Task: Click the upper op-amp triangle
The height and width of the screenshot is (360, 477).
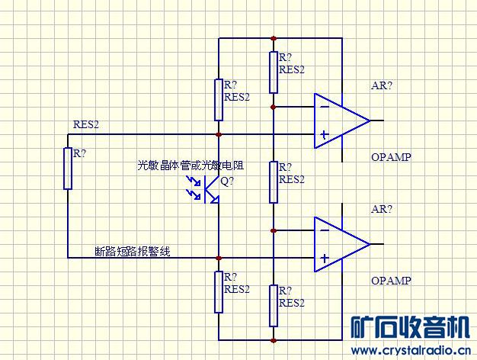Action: click(x=339, y=121)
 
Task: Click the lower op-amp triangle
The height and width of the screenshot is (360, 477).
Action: click(x=339, y=244)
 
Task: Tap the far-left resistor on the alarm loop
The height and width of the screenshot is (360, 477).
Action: click(x=68, y=168)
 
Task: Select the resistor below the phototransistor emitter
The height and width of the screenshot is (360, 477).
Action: click(x=219, y=291)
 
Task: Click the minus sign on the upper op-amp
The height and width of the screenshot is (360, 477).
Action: click(x=325, y=107)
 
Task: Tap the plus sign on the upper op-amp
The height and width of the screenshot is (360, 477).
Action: click(x=325, y=135)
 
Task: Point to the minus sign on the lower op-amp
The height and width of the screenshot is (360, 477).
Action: click(x=325, y=230)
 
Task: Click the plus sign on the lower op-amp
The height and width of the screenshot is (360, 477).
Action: click(x=325, y=259)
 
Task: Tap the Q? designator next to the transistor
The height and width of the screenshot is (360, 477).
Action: click(x=228, y=182)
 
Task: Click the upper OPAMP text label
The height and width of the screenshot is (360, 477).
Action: click(x=392, y=157)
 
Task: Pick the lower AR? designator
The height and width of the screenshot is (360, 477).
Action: click(x=382, y=209)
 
